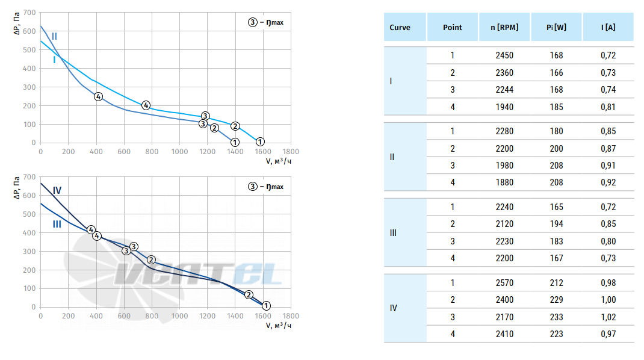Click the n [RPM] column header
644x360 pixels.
504,28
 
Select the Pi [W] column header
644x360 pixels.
556,28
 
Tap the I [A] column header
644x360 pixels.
608,28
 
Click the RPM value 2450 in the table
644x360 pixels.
504,55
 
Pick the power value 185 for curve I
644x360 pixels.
557,107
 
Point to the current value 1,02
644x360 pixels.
608,317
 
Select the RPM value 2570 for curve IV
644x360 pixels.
504,283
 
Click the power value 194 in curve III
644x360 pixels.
557,224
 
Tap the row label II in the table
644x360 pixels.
392,157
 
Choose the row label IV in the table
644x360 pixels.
394,308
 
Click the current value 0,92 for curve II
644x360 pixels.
608,182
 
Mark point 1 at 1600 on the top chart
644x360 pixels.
260,142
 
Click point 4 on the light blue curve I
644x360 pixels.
146,105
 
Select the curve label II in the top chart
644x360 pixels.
54,37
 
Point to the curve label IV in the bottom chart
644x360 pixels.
57,190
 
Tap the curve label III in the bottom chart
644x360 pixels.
57,224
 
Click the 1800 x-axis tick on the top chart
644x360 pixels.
291,152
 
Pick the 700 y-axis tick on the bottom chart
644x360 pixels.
29,177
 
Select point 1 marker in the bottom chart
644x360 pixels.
266,306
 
